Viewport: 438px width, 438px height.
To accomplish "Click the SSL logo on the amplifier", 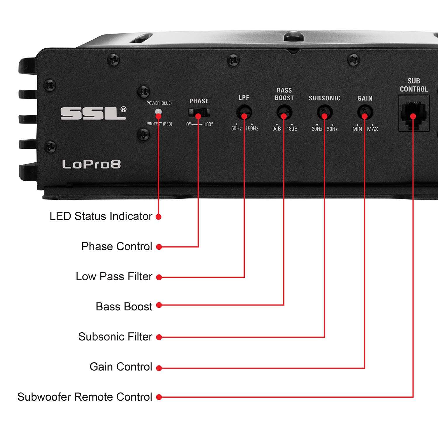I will pyautogui.click(x=93, y=113).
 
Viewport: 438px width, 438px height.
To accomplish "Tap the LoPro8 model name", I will pyautogui.click(x=91, y=164).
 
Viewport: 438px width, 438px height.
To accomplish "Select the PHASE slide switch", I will pyautogui.click(x=199, y=112).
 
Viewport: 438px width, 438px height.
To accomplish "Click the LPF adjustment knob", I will pyautogui.click(x=244, y=112).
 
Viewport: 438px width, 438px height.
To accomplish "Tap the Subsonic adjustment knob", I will pyautogui.click(x=324, y=112).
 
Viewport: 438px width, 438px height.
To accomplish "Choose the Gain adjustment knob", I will pyautogui.click(x=365, y=112).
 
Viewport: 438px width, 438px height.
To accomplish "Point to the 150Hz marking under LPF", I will pyautogui.click(x=252, y=129).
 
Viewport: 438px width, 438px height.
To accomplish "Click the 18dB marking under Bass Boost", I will pyautogui.click(x=292, y=129).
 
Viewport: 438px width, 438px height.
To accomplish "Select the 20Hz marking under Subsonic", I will pyautogui.click(x=317, y=129).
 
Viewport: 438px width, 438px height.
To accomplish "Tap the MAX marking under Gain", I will pyautogui.click(x=373, y=129).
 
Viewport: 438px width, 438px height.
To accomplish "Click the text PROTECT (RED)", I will pyautogui.click(x=159, y=124).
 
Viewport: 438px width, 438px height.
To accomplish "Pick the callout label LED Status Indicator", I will pyautogui.click(x=101, y=216).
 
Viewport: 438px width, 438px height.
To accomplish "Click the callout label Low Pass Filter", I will pyautogui.click(x=114, y=277).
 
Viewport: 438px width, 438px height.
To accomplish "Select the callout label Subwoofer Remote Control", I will pyautogui.click(x=85, y=397).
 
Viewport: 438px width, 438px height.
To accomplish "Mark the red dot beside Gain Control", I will pyautogui.click(x=159, y=368).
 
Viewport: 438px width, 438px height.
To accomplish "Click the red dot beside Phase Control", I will pyautogui.click(x=159, y=247).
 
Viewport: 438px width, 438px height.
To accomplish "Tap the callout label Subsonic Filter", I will pyautogui.click(x=115, y=337).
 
